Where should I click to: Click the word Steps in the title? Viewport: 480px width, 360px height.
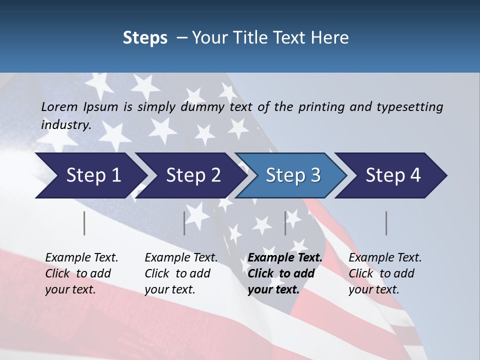pos(145,37)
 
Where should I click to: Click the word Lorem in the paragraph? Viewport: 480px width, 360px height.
pos(59,106)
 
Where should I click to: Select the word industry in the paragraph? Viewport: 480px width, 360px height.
pos(65,125)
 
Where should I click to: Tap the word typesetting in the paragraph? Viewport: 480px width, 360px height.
pos(409,106)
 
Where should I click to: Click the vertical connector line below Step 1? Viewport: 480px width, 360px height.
pos(84,223)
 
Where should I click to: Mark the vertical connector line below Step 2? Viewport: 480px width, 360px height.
pos(184,223)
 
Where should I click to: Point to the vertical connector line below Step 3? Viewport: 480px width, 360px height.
pos(285,223)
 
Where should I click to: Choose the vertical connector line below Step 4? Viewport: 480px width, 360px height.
pos(386,223)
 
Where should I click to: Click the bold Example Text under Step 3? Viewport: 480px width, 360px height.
pos(285,257)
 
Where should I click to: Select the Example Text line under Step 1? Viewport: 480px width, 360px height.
pos(81,257)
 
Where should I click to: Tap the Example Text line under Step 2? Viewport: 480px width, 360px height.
pos(181,257)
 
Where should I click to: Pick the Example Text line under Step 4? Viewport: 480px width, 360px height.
pos(385,257)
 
